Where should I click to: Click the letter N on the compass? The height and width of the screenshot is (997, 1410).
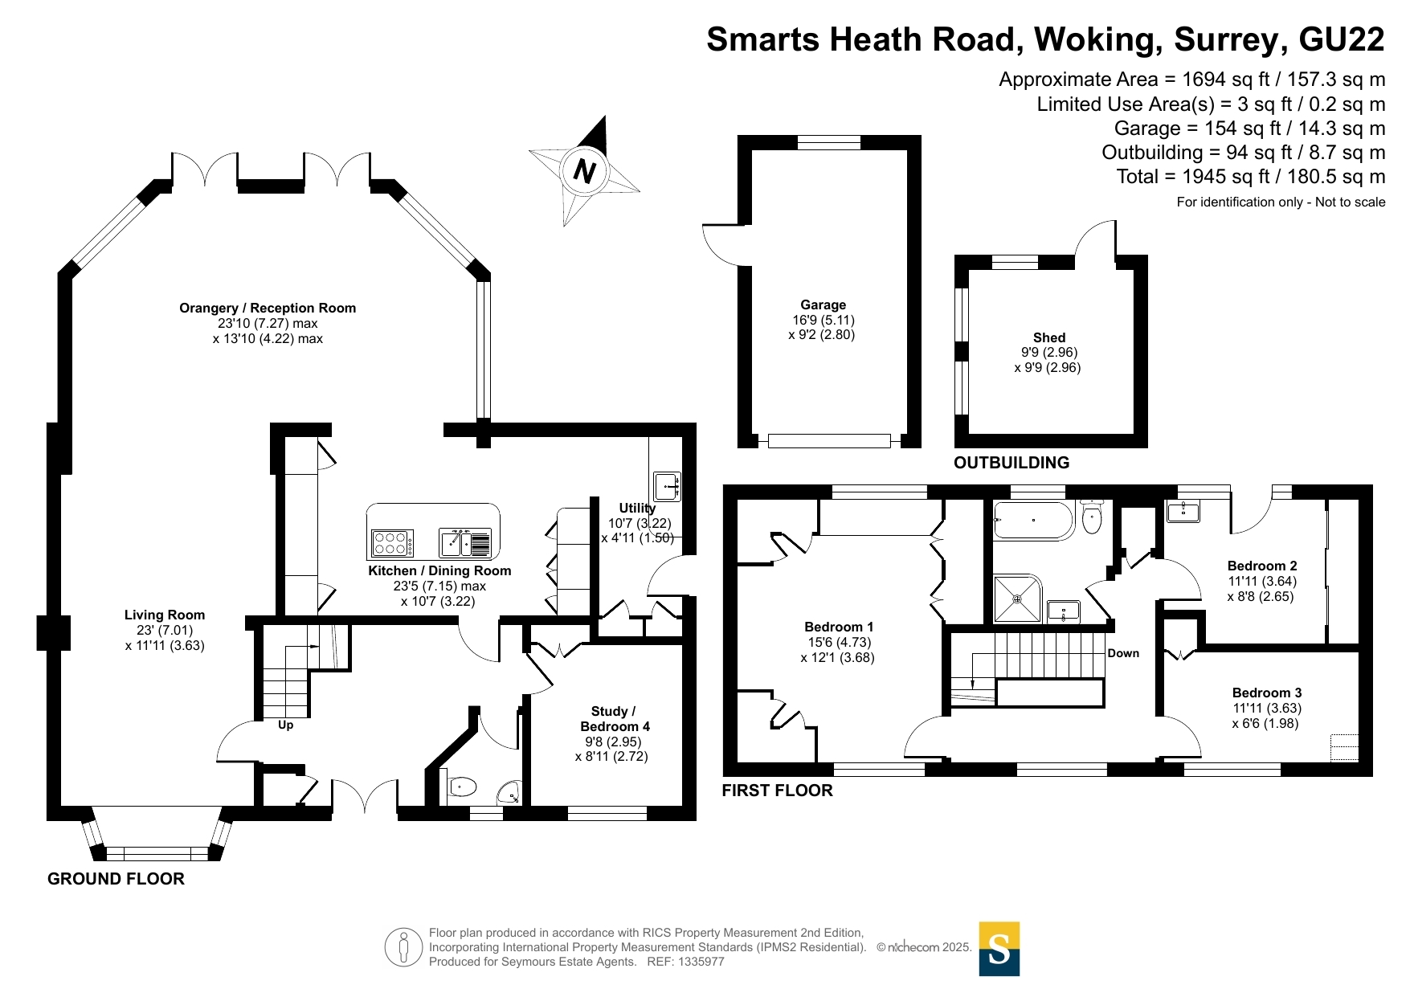(584, 171)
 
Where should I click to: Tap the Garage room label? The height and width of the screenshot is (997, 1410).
(823, 304)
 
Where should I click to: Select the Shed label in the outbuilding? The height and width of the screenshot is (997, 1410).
(1048, 337)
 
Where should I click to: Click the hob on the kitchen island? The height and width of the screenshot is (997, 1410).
(392, 543)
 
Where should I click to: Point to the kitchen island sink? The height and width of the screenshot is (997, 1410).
(465, 543)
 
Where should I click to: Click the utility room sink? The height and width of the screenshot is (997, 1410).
(667, 486)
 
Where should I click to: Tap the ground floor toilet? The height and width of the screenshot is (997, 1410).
(460, 786)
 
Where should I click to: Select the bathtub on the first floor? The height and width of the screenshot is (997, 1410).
(1033, 521)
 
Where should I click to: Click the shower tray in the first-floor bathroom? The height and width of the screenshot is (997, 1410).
(1017, 599)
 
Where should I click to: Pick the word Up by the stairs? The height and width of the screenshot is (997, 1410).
(285, 725)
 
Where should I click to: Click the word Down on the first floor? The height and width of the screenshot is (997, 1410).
(1123, 653)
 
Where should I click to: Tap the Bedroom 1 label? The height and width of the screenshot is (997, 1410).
(839, 627)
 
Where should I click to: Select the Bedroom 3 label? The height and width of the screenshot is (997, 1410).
(1267, 693)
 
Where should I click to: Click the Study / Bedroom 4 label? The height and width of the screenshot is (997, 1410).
(615, 718)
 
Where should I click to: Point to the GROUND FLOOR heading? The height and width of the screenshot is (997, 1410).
(116, 879)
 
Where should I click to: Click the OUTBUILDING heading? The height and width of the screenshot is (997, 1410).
(1012, 463)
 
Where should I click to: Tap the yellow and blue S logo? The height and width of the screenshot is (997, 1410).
(999, 949)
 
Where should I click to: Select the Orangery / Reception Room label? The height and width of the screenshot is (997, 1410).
(268, 308)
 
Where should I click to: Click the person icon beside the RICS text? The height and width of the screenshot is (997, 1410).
(403, 947)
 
